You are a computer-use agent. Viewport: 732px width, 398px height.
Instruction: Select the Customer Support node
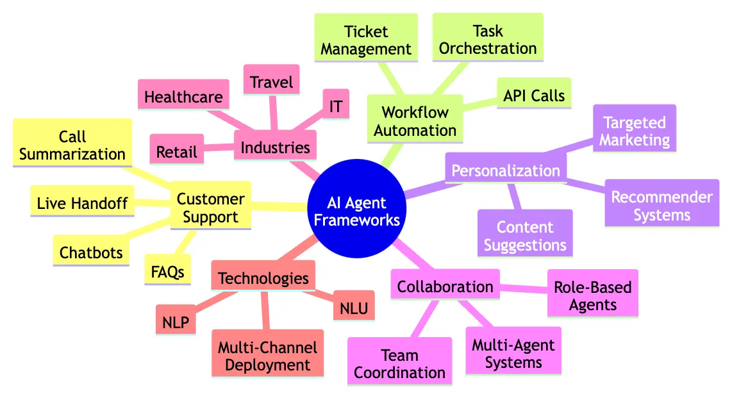(x=210, y=207)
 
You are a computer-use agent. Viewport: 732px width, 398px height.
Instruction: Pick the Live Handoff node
(x=82, y=203)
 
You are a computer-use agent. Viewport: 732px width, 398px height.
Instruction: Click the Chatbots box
(x=91, y=252)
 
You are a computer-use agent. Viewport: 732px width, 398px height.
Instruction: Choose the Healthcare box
(x=183, y=97)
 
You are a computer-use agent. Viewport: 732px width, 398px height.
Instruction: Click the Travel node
(x=272, y=82)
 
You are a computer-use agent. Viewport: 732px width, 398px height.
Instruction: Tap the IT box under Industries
(x=335, y=106)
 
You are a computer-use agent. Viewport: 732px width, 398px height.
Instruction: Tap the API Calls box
(x=534, y=96)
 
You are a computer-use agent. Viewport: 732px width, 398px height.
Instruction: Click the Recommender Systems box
(x=661, y=205)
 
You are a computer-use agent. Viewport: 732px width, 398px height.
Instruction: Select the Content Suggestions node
(x=525, y=235)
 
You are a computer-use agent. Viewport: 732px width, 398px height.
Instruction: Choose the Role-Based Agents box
(x=593, y=295)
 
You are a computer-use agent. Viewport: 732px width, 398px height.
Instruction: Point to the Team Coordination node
(x=399, y=363)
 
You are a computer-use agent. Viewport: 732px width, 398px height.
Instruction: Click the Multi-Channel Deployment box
(x=267, y=356)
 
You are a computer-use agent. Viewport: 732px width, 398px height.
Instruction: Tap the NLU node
(x=354, y=308)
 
